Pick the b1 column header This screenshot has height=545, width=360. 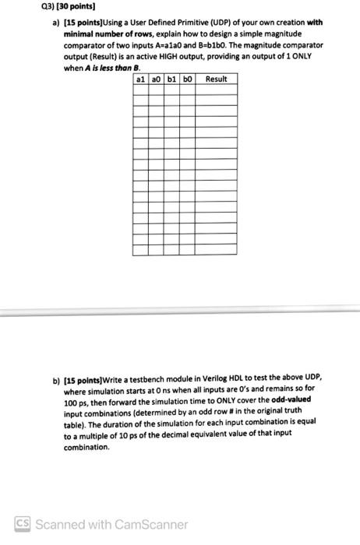pos(172,79)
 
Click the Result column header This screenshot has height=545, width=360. pos(217,79)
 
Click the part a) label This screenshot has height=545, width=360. pos(55,23)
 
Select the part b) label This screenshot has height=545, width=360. pos(55,375)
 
